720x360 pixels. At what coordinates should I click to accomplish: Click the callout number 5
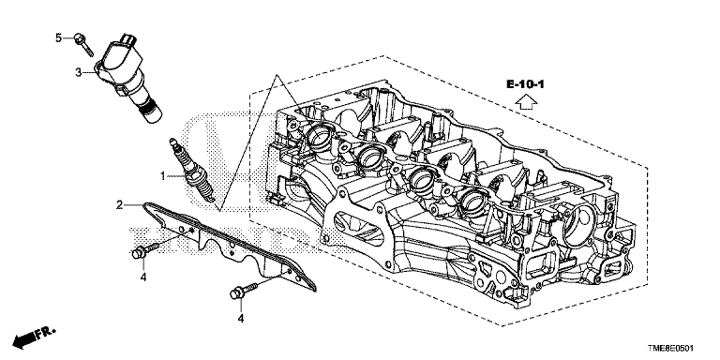click(58, 37)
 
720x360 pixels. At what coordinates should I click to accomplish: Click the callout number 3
click(79, 72)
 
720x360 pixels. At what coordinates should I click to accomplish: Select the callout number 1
click(162, 175)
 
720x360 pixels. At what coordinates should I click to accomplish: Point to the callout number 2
click(119, 205)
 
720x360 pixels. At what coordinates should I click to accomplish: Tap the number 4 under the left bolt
click(143, 277)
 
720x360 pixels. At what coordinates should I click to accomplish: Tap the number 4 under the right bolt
click(241, 317)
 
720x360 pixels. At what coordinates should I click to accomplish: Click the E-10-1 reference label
click(525, 84)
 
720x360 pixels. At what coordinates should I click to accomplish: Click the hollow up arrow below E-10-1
click(526, 102)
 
